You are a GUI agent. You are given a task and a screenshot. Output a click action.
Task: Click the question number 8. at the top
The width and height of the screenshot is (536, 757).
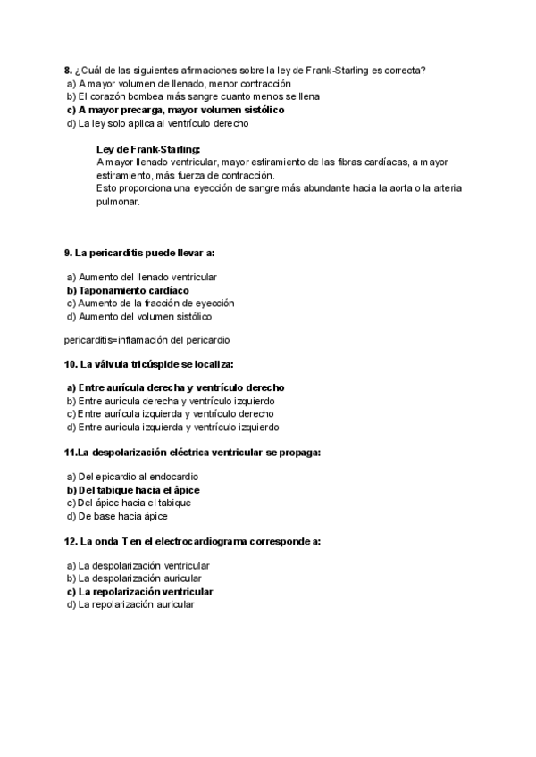pyautogui.click(x=68, y=70)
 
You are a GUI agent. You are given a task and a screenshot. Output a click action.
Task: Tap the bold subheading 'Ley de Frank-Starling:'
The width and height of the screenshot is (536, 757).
pyautogui.click(x=148, y=149)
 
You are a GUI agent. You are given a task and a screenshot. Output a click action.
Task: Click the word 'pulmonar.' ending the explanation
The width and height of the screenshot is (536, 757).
pyautogui.click(x=119, y=202)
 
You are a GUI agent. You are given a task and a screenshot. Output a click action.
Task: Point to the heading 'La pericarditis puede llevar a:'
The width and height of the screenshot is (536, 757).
pyautogui.click(x=139, y=253)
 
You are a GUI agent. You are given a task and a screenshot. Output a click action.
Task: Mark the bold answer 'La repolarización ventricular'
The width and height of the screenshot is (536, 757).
pyautogui.click(x=146, y=591)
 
